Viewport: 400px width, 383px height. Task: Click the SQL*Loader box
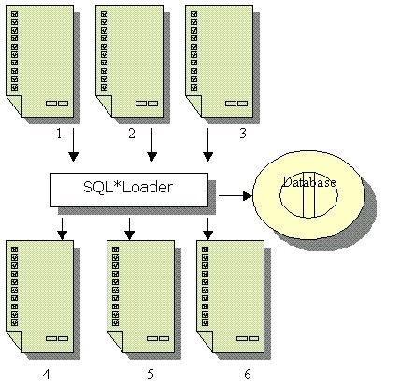coord(129,190)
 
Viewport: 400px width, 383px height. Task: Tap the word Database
coord(308,182)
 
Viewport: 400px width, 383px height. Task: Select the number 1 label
coord(59,134)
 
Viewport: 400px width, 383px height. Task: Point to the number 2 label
coord(132,134)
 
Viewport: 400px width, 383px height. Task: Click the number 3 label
coord(243,134)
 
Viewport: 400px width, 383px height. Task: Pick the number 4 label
coord(46,374)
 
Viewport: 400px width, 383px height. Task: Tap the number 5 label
coord(150,374)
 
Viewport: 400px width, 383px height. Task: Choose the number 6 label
coord(248,374)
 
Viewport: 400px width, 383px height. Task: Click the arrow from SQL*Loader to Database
coord(236,196)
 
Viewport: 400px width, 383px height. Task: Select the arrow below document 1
coord(74,145)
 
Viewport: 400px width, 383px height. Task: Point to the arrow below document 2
coord(151,145)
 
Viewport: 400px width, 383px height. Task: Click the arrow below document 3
coord(208,145)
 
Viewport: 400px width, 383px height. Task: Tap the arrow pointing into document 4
coord(63,229)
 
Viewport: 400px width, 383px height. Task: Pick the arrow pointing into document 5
coord(130,229)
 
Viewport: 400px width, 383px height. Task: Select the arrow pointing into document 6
coord(208,229)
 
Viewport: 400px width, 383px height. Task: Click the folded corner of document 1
coord(15,106)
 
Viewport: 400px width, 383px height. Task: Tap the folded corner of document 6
coord(206,341)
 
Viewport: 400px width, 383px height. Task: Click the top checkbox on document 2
coord(105,14)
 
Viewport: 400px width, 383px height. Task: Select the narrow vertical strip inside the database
coord(308,194)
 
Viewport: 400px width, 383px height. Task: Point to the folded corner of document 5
coord(116,341)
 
